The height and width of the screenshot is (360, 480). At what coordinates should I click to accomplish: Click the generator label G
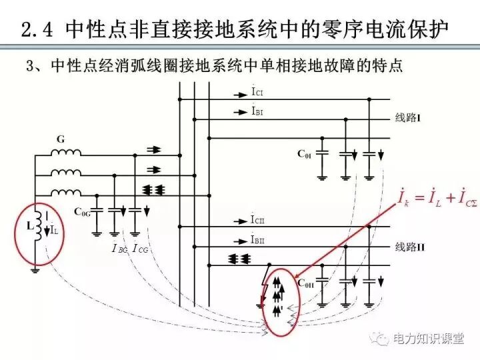(x=61, y=140)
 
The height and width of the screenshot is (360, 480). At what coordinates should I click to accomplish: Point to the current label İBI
(x=257, y=112)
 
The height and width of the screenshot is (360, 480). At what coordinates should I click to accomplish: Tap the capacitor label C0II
(x=306, y=284)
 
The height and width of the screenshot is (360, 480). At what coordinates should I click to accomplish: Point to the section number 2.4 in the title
(x=39, y=30)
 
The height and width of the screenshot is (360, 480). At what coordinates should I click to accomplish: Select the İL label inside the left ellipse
(x=54, y=230)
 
